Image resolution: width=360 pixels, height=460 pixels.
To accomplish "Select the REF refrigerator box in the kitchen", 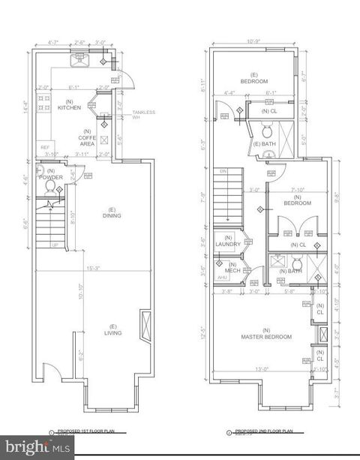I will coord(44,147).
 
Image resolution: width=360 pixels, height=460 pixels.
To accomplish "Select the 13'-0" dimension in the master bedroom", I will coord(261,368).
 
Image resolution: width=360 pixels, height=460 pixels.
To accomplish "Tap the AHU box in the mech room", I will coord(221,278).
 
